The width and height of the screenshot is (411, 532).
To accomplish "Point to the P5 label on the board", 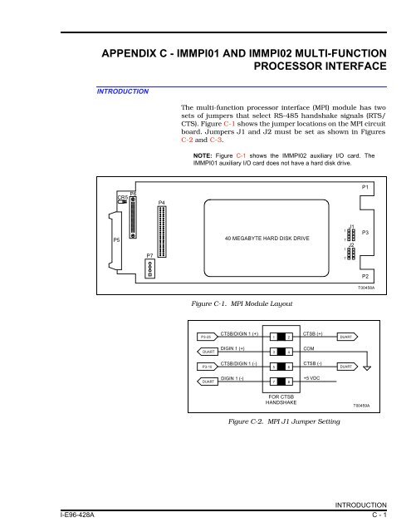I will (115, 239).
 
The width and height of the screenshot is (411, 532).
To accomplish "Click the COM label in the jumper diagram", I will (309, 348).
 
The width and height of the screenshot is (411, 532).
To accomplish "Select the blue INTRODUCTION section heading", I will (120, 90).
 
